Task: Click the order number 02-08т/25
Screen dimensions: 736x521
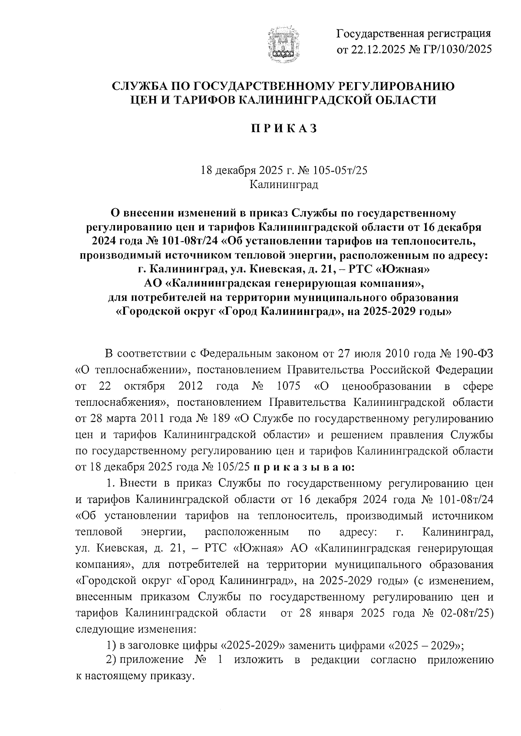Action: (468, 613)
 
